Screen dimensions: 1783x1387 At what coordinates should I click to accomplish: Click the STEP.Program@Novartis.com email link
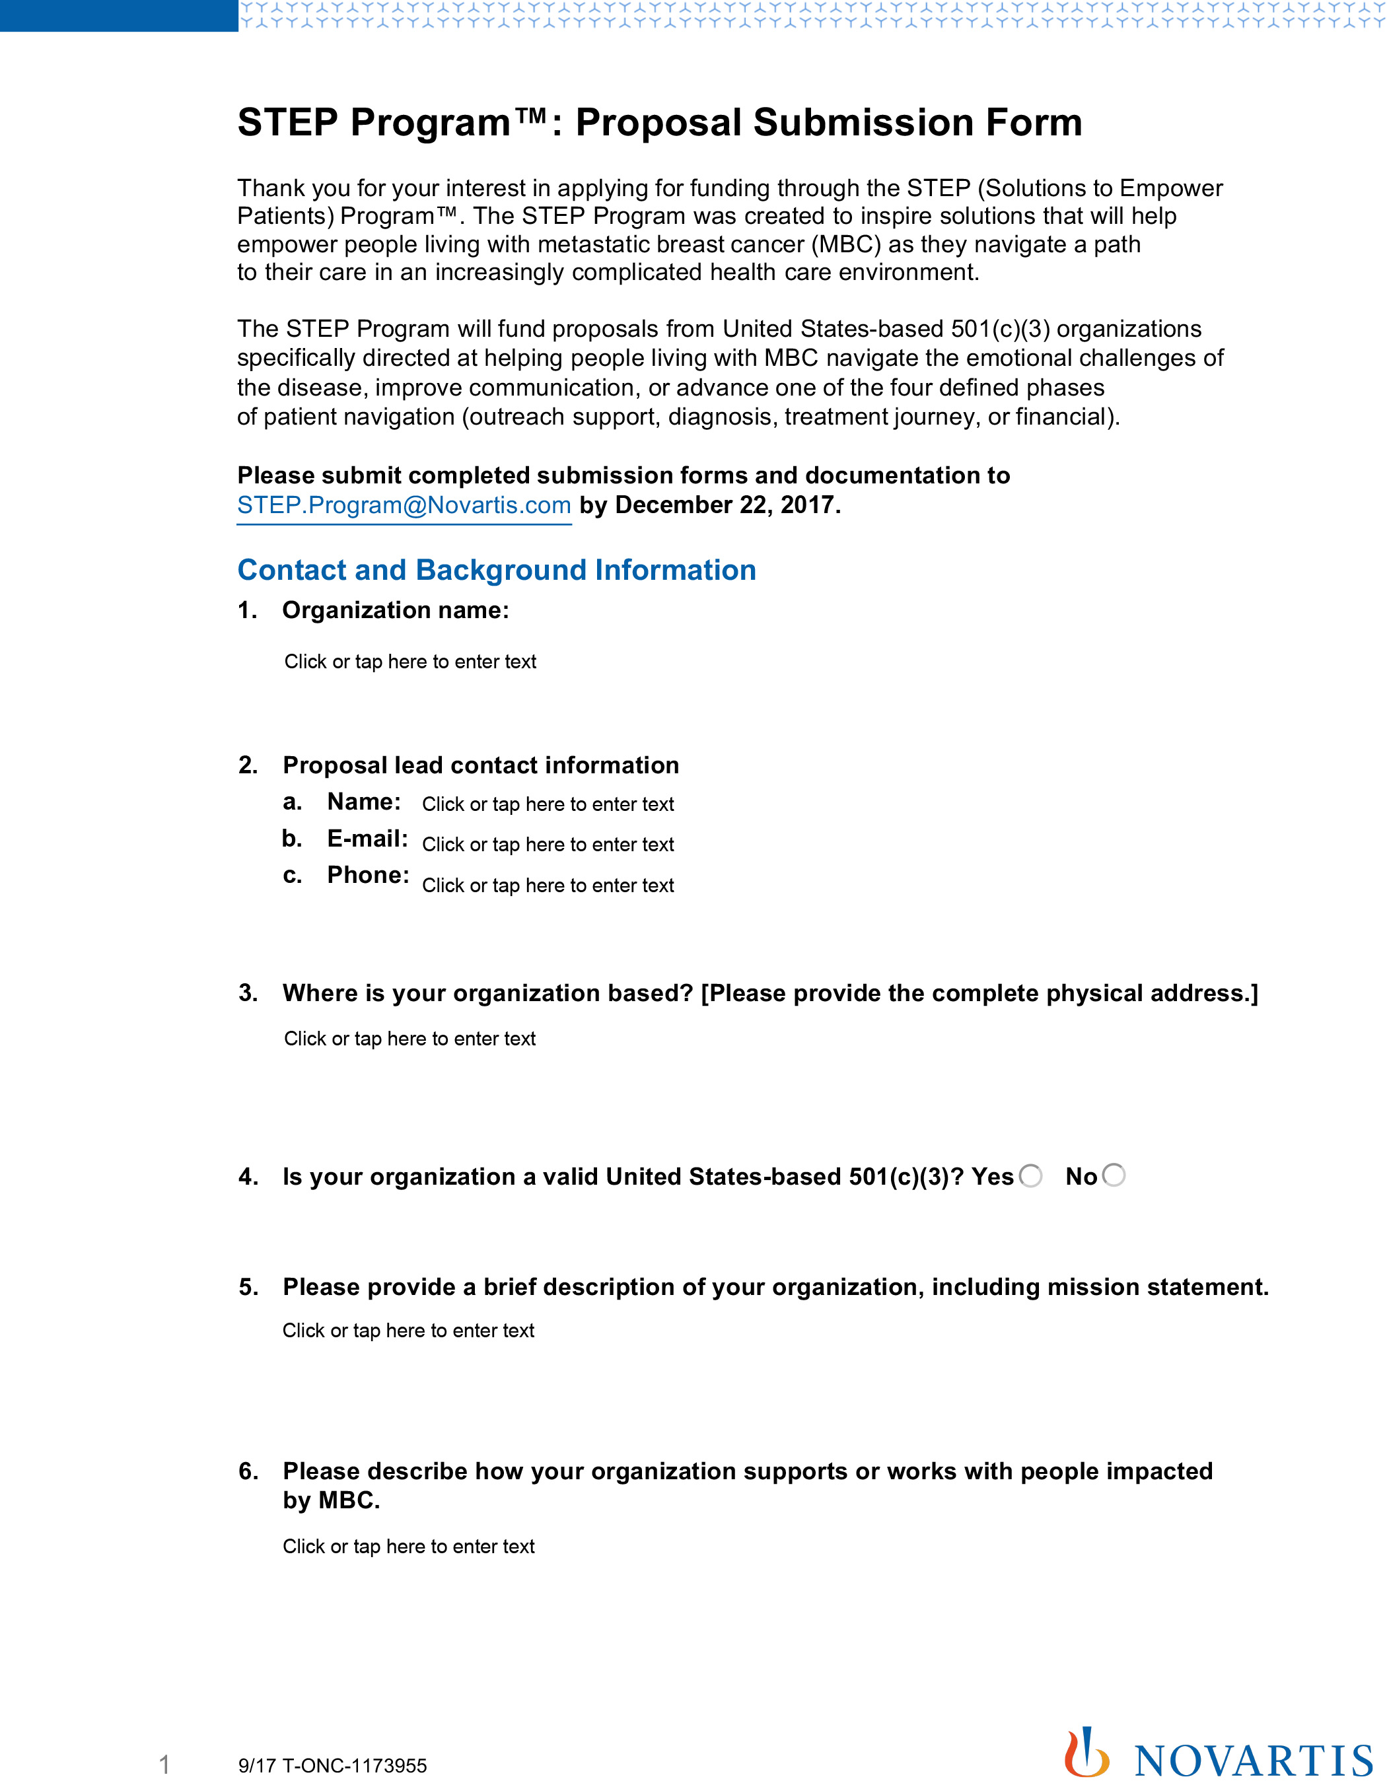point(404,505)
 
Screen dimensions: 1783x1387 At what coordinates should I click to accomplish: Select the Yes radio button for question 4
point(1031,1175)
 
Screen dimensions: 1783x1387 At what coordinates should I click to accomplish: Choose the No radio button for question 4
point(1114,1175)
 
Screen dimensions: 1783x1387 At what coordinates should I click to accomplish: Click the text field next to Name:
point(548,804)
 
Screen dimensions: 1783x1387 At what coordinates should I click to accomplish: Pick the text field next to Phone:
point(548,885)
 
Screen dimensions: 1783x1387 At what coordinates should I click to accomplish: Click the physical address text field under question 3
point(409,1039)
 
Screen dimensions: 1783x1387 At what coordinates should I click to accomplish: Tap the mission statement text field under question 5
point(408,1330)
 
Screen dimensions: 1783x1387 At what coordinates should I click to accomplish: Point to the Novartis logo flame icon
point(1086,1752)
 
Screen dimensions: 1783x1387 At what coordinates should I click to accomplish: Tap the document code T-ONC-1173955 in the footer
point(354,1766)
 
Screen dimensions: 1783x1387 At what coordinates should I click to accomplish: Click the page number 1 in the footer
point(164,1765)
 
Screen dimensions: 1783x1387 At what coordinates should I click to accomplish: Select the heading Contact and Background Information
point(497,570)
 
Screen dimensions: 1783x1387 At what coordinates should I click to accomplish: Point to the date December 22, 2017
point(727,505)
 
